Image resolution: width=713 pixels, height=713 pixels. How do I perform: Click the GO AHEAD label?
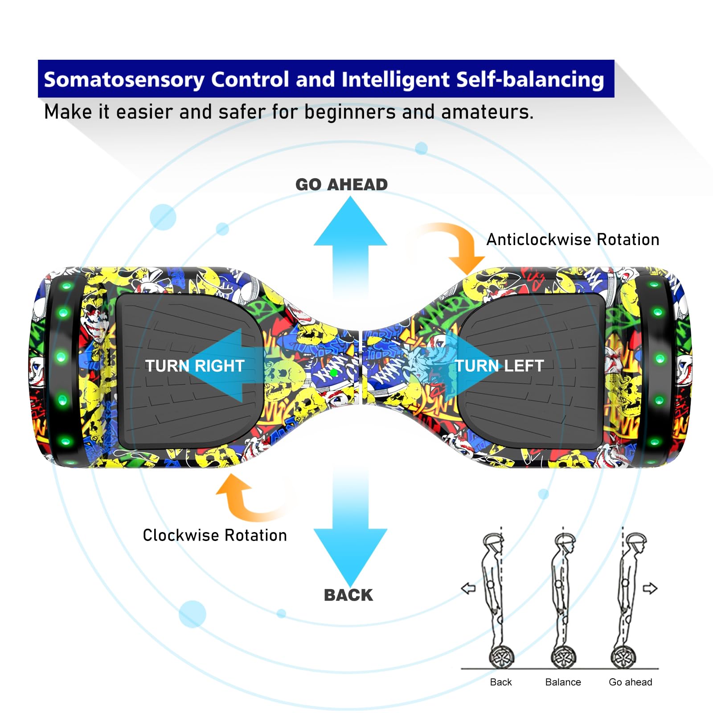click(x=341, y=184)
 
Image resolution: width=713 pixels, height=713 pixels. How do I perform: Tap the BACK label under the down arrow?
click(x=348, y=595)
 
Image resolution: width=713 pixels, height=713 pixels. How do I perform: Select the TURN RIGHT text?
click(x=194, y=366)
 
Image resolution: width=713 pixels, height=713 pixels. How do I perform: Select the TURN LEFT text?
click(x=499, y=366)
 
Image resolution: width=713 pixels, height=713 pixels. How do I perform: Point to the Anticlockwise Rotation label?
click(x=573, y=240)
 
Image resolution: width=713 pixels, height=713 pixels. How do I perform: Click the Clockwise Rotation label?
click(x=215, y=535)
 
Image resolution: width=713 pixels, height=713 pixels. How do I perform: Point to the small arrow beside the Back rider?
click(x=468, y=588)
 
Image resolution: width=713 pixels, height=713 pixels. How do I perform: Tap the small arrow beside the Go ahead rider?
click(x=650, y=588)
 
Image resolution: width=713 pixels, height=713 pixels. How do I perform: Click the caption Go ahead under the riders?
click(x=630, y=682)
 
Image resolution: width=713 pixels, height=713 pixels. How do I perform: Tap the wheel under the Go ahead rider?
click(x=623, y=656)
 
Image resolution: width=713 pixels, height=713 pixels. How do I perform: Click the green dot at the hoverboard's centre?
click(x=333, y=372)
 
